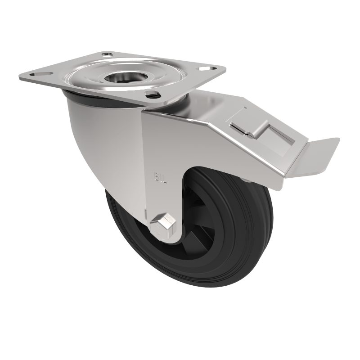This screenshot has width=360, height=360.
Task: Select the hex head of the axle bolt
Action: pyautogui.click(x=164, y=222)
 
